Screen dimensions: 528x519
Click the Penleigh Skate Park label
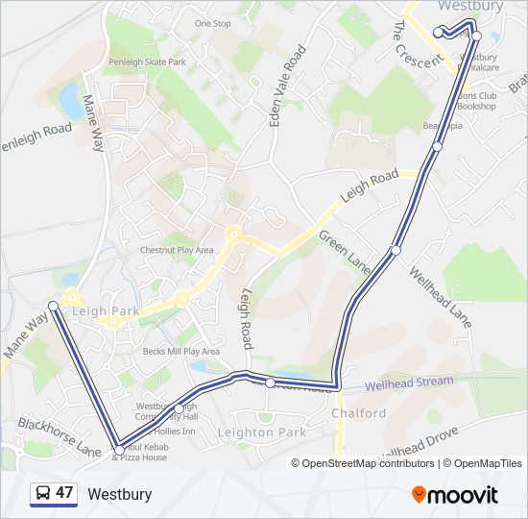coord(147,62)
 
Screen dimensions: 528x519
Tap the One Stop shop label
coord(212,23)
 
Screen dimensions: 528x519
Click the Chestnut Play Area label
coord(178,250)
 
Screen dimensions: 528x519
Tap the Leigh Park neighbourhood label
coord(106,311)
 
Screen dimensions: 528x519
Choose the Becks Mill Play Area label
coord(181,352)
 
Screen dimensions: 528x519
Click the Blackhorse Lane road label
coord(59,435)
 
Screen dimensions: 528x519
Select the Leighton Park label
coord(262,433)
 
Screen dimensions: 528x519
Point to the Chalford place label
coord(358,413)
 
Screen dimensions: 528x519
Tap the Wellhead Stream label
coord(409,382)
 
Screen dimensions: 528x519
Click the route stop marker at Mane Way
coord(54,306)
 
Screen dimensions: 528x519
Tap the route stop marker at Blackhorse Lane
coord(119,449)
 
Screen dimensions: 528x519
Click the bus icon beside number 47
coord(43,494)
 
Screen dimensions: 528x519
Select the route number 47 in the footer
coord(64,493)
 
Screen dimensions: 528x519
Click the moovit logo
coord(455,495)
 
